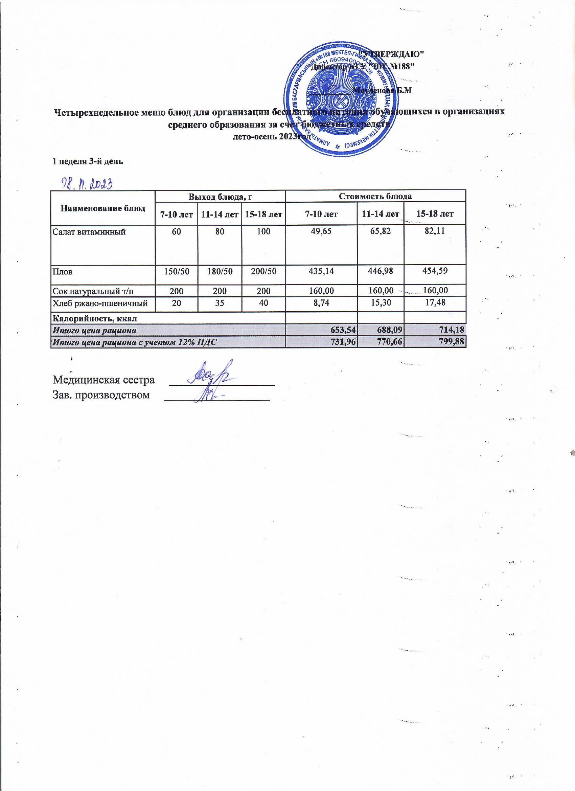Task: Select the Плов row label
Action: click(63, 272)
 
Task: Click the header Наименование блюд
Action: click(103, 208)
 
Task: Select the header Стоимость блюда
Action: click(375, 196)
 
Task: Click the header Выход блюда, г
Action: click(220, 196)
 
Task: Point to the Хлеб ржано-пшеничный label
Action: click(100, 303)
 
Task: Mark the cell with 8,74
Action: click(321, 303)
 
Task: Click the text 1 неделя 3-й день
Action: click(88, 161)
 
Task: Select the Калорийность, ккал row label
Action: click(94, 318)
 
